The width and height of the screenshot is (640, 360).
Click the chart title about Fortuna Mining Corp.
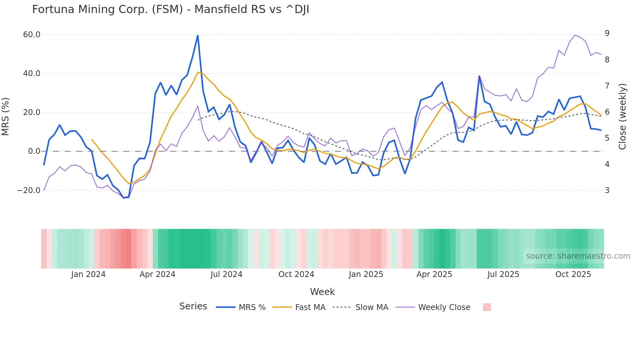(170, 9)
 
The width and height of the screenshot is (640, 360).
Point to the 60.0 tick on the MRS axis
(32, 35)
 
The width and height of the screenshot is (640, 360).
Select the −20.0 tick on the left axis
(29, 190)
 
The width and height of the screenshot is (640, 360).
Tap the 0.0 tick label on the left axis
(34, 151)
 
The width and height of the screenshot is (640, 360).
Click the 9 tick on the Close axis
(607, 33)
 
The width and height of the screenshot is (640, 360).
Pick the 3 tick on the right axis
(607, 190)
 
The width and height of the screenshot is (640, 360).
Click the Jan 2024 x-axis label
(88, 274)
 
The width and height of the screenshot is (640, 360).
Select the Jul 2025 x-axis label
(503, 274)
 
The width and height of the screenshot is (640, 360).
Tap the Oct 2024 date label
(296, 274)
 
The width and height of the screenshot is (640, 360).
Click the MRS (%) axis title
(6, 116)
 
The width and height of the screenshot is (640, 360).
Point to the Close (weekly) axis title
(622, 116)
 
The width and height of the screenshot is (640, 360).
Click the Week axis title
(322, 292)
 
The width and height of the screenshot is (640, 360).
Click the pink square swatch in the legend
(487, 307)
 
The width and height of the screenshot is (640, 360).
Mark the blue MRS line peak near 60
(198, 35)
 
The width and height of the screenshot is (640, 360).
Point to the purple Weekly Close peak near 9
(575, 35)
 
